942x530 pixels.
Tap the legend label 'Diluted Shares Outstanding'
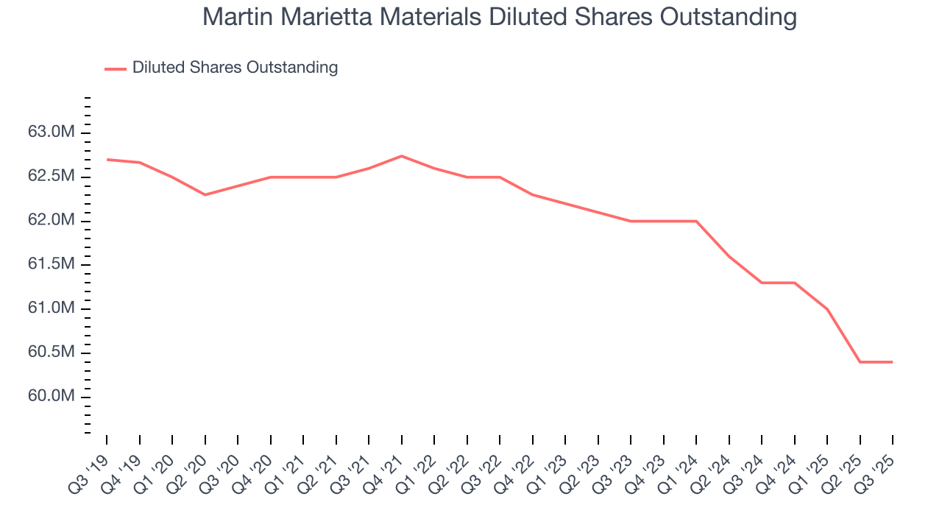click(x=235, y=68)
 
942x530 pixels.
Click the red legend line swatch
click(x=116, y=68)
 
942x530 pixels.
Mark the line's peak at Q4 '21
click(x=401, y=156)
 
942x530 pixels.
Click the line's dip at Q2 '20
click(x=205, y=195)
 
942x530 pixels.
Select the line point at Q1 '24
click(x=696, y=221)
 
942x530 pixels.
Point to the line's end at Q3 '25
click(x=893, y=362)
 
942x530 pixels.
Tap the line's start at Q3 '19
click(x=107, y=160)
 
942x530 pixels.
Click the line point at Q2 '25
click(x=860, y=362)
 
